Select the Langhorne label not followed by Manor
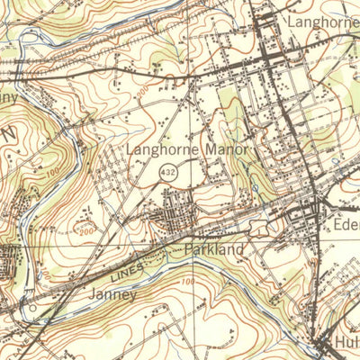point(322,21)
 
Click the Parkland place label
point(213,248)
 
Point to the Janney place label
point(113,294)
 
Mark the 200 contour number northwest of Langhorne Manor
point(141,92)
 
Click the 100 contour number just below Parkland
point(187,283)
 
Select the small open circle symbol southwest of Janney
point(33,313)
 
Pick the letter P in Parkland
point(188,248)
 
